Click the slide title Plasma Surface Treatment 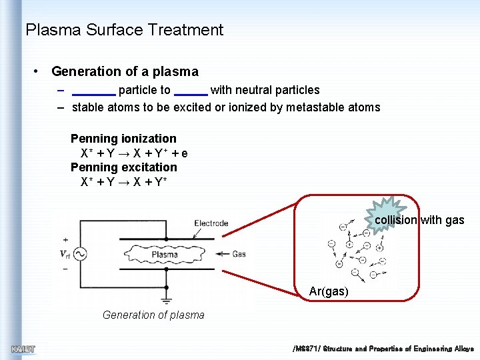click(124, 30)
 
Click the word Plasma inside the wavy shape click(165, 254)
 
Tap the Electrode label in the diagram click(211, 223)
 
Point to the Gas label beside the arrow click(239, 254)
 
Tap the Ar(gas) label click(329, 291)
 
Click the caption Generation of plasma click(153, 315)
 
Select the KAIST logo click(23, 349)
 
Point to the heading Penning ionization click(123, 139)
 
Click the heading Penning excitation click(123, 167)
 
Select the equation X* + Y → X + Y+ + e click(134, 153)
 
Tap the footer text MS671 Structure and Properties click(383, 349)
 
